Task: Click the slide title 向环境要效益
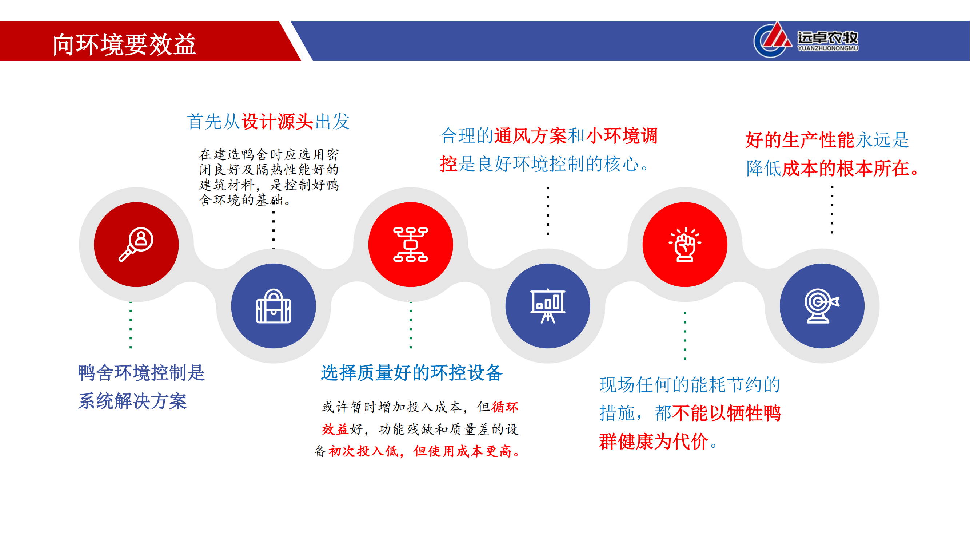(125, 44)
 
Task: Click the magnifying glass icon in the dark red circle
(136, 244)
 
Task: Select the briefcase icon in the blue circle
(274, 306)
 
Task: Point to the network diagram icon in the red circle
(411, 244)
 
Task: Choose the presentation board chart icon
(547, 306)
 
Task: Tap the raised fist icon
(685, 244)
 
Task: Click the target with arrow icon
(822, 306)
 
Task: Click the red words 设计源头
(277, 122)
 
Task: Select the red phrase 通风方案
(530, 136)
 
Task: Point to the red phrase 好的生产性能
(800, 140)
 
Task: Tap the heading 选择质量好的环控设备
(412, 373)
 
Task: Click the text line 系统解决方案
(132, 401)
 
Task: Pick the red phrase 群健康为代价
(654, 441)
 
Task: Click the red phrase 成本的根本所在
(846, 168)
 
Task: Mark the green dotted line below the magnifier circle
(131, 325)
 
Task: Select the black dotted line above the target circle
(832, 210)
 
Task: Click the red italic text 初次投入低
(363, 451)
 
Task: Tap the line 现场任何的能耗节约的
(690, 385)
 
